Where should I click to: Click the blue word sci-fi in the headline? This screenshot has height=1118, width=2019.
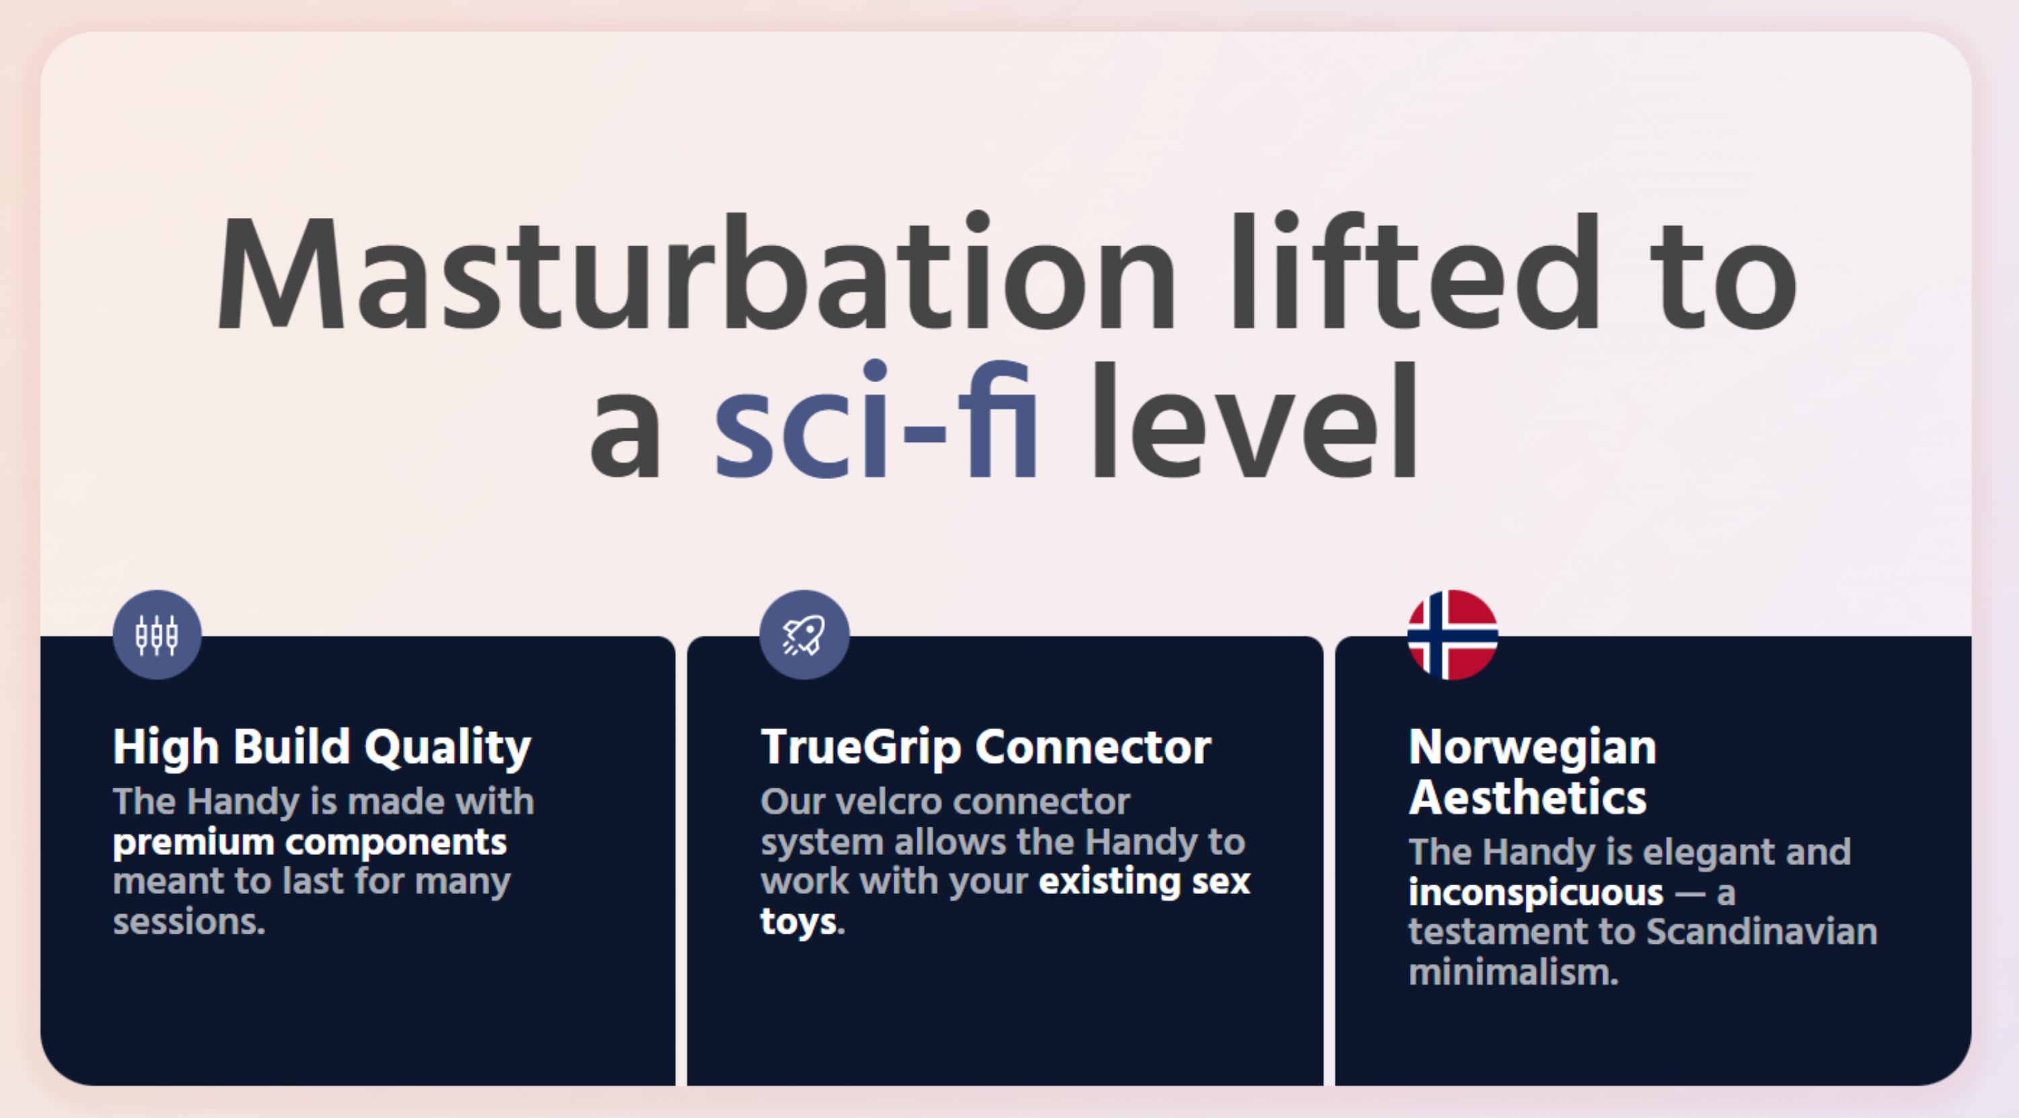point(876,418)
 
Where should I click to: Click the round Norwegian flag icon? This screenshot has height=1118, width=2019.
point(1452,634)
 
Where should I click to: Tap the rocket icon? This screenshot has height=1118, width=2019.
point(804,634)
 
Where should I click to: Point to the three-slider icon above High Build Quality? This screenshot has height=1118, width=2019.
point(157,634)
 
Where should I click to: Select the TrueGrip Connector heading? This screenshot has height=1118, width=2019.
point(986,747)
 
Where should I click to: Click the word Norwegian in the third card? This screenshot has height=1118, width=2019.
point(1532,747)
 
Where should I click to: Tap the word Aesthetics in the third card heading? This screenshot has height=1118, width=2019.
point(1528,798)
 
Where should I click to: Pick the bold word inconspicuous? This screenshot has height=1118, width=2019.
point(1535,893)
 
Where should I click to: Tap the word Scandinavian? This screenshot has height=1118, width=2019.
point(1761,932)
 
